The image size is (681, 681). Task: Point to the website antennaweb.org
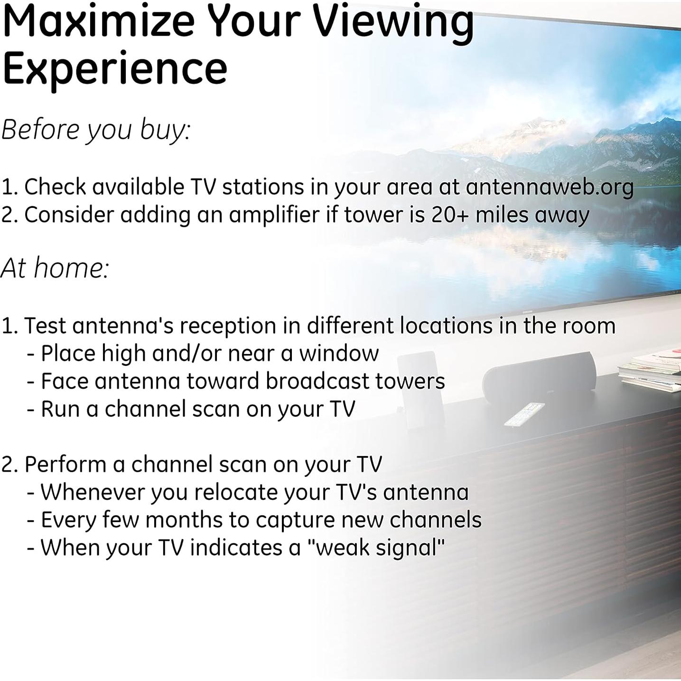point(549,187)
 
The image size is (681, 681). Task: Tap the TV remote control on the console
point(524,414)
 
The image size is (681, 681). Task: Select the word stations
point(263,187)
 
